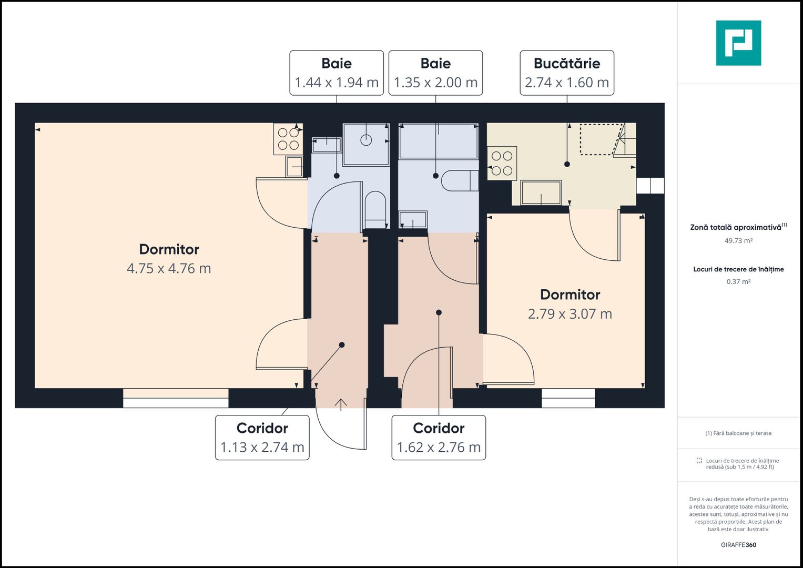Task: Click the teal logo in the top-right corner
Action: (x=738, y=43)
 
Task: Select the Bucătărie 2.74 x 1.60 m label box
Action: (x=566, y=73)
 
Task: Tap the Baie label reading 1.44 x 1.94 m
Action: (x=337, y=73)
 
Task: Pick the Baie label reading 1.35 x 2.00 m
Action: (x=435, y=73)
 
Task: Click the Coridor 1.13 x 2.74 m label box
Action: (x=262, y=438)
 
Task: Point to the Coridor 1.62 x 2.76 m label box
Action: (x=439, y=438)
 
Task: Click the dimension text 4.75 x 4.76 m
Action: (x=169, y=268)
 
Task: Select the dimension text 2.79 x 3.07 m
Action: (x=570, y=314)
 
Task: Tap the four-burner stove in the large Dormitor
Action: (x=288, y=139)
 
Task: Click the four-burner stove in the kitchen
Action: (x=502, y=164)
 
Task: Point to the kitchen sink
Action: (x=541, y=192)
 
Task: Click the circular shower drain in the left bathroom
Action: (x=366, y=140)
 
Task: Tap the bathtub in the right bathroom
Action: (x=438, y=141)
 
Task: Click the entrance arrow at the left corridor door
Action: (x=341, y=404)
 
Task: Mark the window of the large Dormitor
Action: (x=176, y=398)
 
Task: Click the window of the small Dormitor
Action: (x=568, y=398)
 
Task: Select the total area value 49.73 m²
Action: (x=738, y=241)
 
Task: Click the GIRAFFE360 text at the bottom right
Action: (x=738, y=545)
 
